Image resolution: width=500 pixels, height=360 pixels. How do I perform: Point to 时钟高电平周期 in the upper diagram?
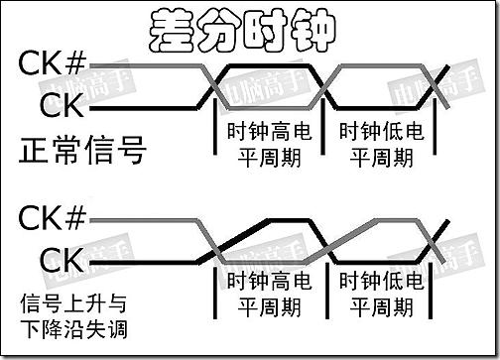click(269, 143)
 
